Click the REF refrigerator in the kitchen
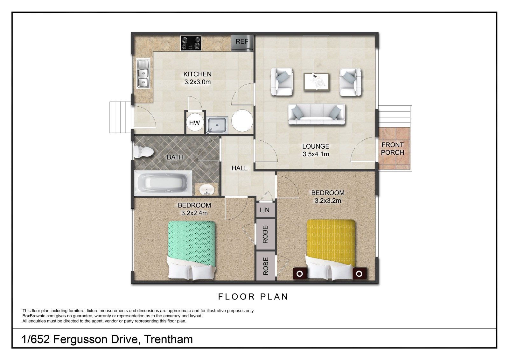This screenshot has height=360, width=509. [x=242, y=43]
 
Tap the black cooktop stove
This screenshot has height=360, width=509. [x=191, y=43]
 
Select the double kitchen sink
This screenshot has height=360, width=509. [x=143, y=74]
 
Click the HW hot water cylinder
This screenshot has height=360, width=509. [x=194, y=123]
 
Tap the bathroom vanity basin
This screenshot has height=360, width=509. [x=206, y=189]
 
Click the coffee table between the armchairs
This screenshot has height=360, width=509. [x=317, y=82]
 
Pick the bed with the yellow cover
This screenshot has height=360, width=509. [x=331, y=250]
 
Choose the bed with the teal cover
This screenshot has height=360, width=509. [x=192, y=251]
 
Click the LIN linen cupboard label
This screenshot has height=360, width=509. [x=264, y=210]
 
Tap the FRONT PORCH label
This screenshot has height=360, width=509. [x=393, y=149]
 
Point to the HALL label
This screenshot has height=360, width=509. [x=240, y=168]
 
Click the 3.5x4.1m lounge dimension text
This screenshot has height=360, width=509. [x=316, y=154]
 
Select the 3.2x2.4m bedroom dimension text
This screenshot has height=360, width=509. [x=194, y=213]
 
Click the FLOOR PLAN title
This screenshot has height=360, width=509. [x=253, y=297]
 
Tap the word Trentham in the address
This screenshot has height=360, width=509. [x=168, y=339]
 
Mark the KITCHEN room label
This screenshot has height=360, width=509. [x=198, y=74]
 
